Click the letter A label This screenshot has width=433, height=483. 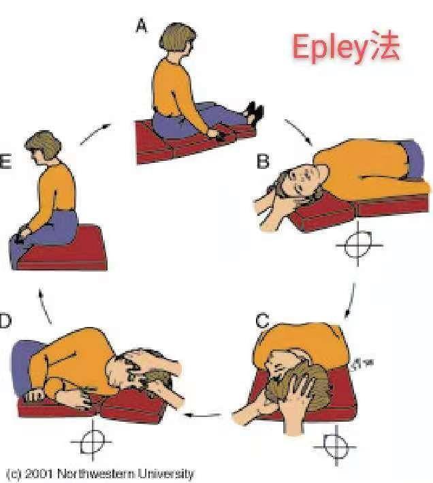tap(141, 25)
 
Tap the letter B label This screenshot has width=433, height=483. tap(263, 161)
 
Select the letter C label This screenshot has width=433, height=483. tap(263, 321)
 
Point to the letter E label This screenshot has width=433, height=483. tap(5, 161)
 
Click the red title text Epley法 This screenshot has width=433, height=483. tap(346, 47)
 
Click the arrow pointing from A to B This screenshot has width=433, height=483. tap(298, 132)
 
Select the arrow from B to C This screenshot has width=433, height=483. tap(350, 300)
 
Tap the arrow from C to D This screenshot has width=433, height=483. tap(202, 416)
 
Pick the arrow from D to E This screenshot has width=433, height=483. tap(45, 306)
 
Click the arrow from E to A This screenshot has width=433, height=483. tap(95, 134)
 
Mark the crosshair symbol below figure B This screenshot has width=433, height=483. tap(359, 245)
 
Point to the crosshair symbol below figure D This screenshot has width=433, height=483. tap(92, 441)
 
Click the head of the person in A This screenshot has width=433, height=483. tap(178, 39)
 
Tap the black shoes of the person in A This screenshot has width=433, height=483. tap(254, 112)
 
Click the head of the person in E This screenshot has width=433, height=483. tap(43, 146)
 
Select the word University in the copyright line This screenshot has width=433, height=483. tap(165, 473)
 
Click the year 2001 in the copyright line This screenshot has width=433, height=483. tap(39, 473)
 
